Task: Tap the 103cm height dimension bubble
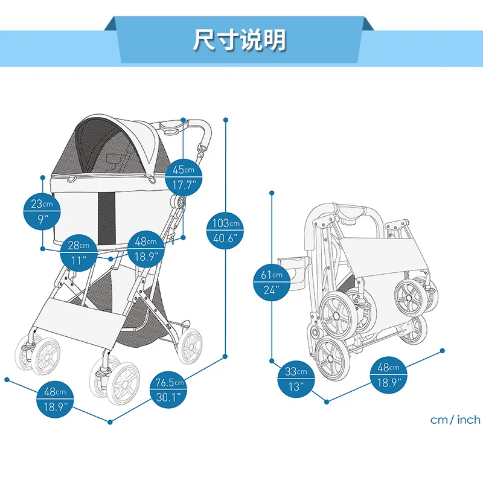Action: point(226,230)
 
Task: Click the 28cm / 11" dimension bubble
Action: point(79,252)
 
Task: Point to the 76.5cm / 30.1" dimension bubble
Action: point(170,389)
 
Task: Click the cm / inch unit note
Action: point(455,420)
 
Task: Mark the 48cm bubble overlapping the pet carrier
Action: point(146,249)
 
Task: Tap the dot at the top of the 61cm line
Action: point(272,193)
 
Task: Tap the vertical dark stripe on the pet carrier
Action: point(106,214)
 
